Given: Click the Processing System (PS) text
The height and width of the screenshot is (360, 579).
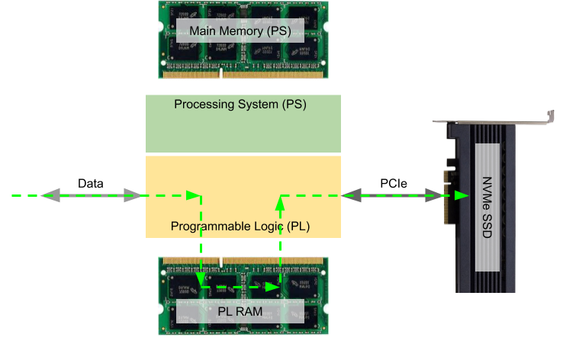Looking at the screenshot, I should (240, 104).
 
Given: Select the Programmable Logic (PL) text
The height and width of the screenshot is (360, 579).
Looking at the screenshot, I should (240, 227).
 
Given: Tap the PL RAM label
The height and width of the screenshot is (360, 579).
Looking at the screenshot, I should (240, 311).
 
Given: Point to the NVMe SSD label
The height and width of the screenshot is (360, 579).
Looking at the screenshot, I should (487, 207).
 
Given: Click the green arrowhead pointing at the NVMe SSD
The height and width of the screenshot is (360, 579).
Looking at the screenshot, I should (462, 196).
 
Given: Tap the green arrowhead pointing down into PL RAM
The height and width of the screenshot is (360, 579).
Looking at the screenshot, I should (201, 281).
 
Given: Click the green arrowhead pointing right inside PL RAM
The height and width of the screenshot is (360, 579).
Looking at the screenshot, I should (272, 288).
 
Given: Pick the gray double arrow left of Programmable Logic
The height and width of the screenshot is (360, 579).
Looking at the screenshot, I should (92, 196).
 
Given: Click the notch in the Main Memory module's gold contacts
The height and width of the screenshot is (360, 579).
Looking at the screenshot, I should (220, 74).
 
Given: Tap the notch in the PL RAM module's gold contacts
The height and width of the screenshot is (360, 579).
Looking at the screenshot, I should (220, 261).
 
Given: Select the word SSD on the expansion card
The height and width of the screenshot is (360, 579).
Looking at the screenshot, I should (487, 228).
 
